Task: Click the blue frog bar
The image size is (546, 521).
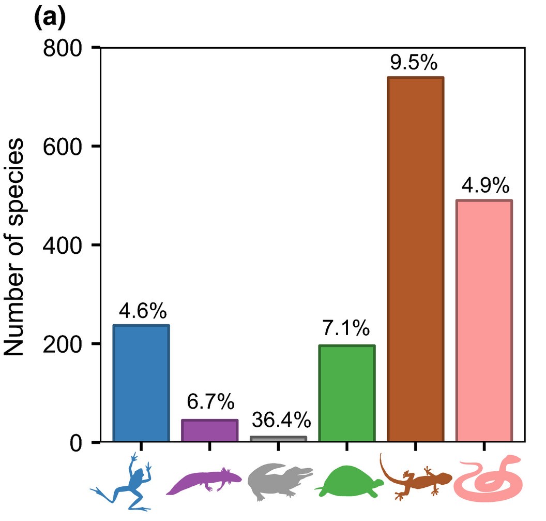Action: pos(141,383)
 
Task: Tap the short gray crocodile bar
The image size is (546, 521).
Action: pos(278,439)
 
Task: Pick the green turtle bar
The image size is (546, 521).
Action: pos(347,394)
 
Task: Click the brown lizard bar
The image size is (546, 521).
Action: pos(416,259)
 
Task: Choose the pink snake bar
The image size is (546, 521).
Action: pos(484,321)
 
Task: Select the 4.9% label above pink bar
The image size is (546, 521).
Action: pos(484,185)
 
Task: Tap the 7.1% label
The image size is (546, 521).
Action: pos(347,330)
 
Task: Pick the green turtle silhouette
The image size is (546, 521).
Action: pos(349,481)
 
